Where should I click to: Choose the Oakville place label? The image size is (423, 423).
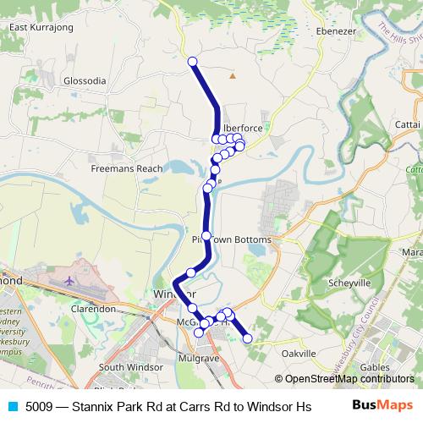click(x=298, y=353)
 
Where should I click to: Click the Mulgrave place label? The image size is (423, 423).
click(x=199, y=359)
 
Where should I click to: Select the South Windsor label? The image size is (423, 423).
click(x=124, y=367)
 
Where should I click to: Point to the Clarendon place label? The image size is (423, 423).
click(x=93, y=310)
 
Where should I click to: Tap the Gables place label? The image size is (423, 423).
click(x=374, y=367)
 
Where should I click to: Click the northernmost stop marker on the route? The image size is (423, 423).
click(x=192, y=61)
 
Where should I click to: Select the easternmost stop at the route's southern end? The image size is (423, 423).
click(x=248, y=338)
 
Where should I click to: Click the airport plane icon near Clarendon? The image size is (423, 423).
click(x=68, y=279)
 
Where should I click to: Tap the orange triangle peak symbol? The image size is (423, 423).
click(x=233, y=77)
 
